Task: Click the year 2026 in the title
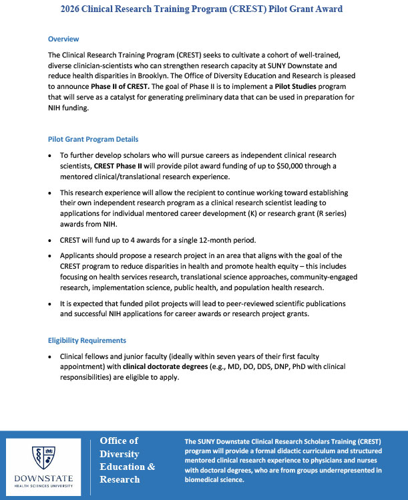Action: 73,9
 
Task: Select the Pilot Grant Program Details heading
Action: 93,139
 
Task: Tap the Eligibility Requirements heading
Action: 87,340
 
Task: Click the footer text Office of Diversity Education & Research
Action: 127,459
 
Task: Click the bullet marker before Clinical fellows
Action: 53,357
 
